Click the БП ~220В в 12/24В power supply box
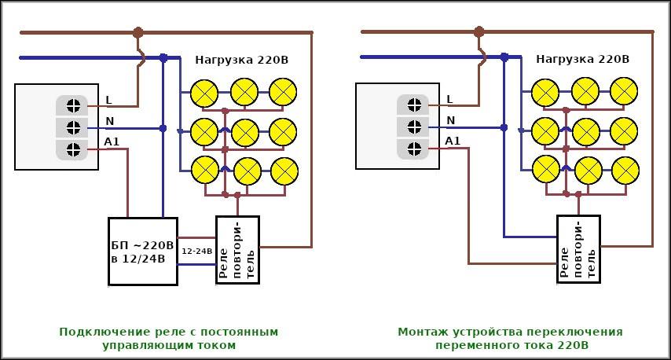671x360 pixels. coord(142,251)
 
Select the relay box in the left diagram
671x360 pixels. coord(236,249)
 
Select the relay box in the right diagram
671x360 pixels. coord(578,249)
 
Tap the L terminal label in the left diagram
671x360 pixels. coord(108,101)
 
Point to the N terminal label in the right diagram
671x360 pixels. coord(451,120)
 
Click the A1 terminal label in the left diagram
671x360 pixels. coord(112,141)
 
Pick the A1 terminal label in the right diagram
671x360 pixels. coord(453,141)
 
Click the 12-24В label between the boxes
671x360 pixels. coord(196,252)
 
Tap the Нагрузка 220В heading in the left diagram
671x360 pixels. coord(242,59)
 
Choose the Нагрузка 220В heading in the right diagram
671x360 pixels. coord(583,59)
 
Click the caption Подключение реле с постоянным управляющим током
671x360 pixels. coord(168,338)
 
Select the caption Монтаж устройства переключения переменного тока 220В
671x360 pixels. coord(510,338)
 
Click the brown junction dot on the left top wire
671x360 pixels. coord(138,32)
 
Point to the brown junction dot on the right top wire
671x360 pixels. coord(479,32)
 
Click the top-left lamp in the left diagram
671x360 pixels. coord(205,92)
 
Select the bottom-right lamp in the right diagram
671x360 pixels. coord(625,170)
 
